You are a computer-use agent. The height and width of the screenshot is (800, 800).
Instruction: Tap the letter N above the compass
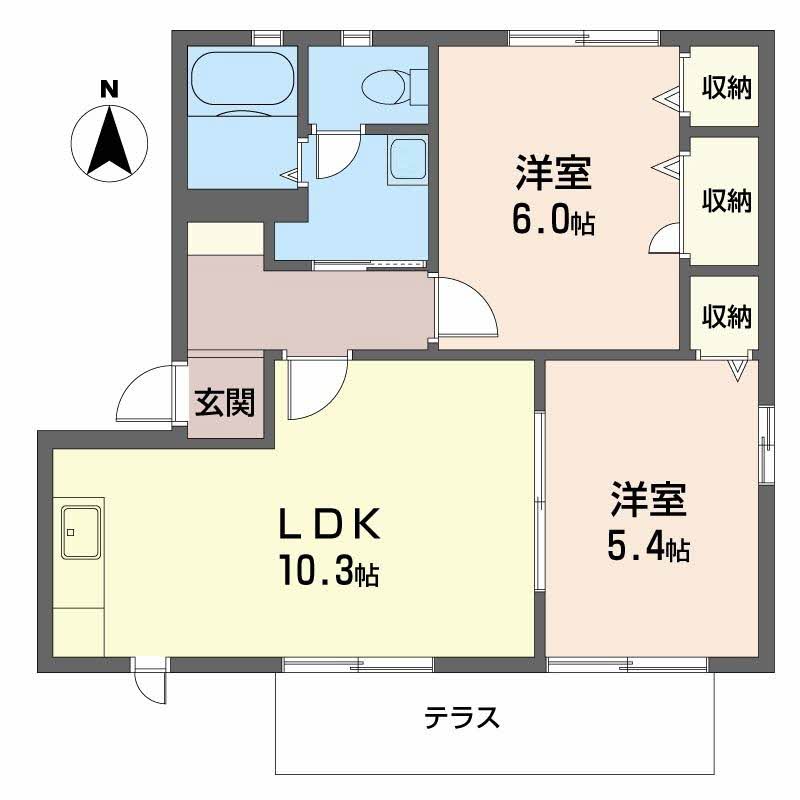point(110,89)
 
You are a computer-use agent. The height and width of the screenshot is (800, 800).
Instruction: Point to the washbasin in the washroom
point(407,161)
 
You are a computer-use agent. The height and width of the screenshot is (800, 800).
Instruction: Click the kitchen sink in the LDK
point(81,531)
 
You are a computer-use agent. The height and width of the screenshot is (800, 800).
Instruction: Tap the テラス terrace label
point(462,718)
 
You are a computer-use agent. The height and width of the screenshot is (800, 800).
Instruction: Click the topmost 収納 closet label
point(725,88)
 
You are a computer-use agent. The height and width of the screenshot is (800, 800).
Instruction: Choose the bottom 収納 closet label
point(725,317)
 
